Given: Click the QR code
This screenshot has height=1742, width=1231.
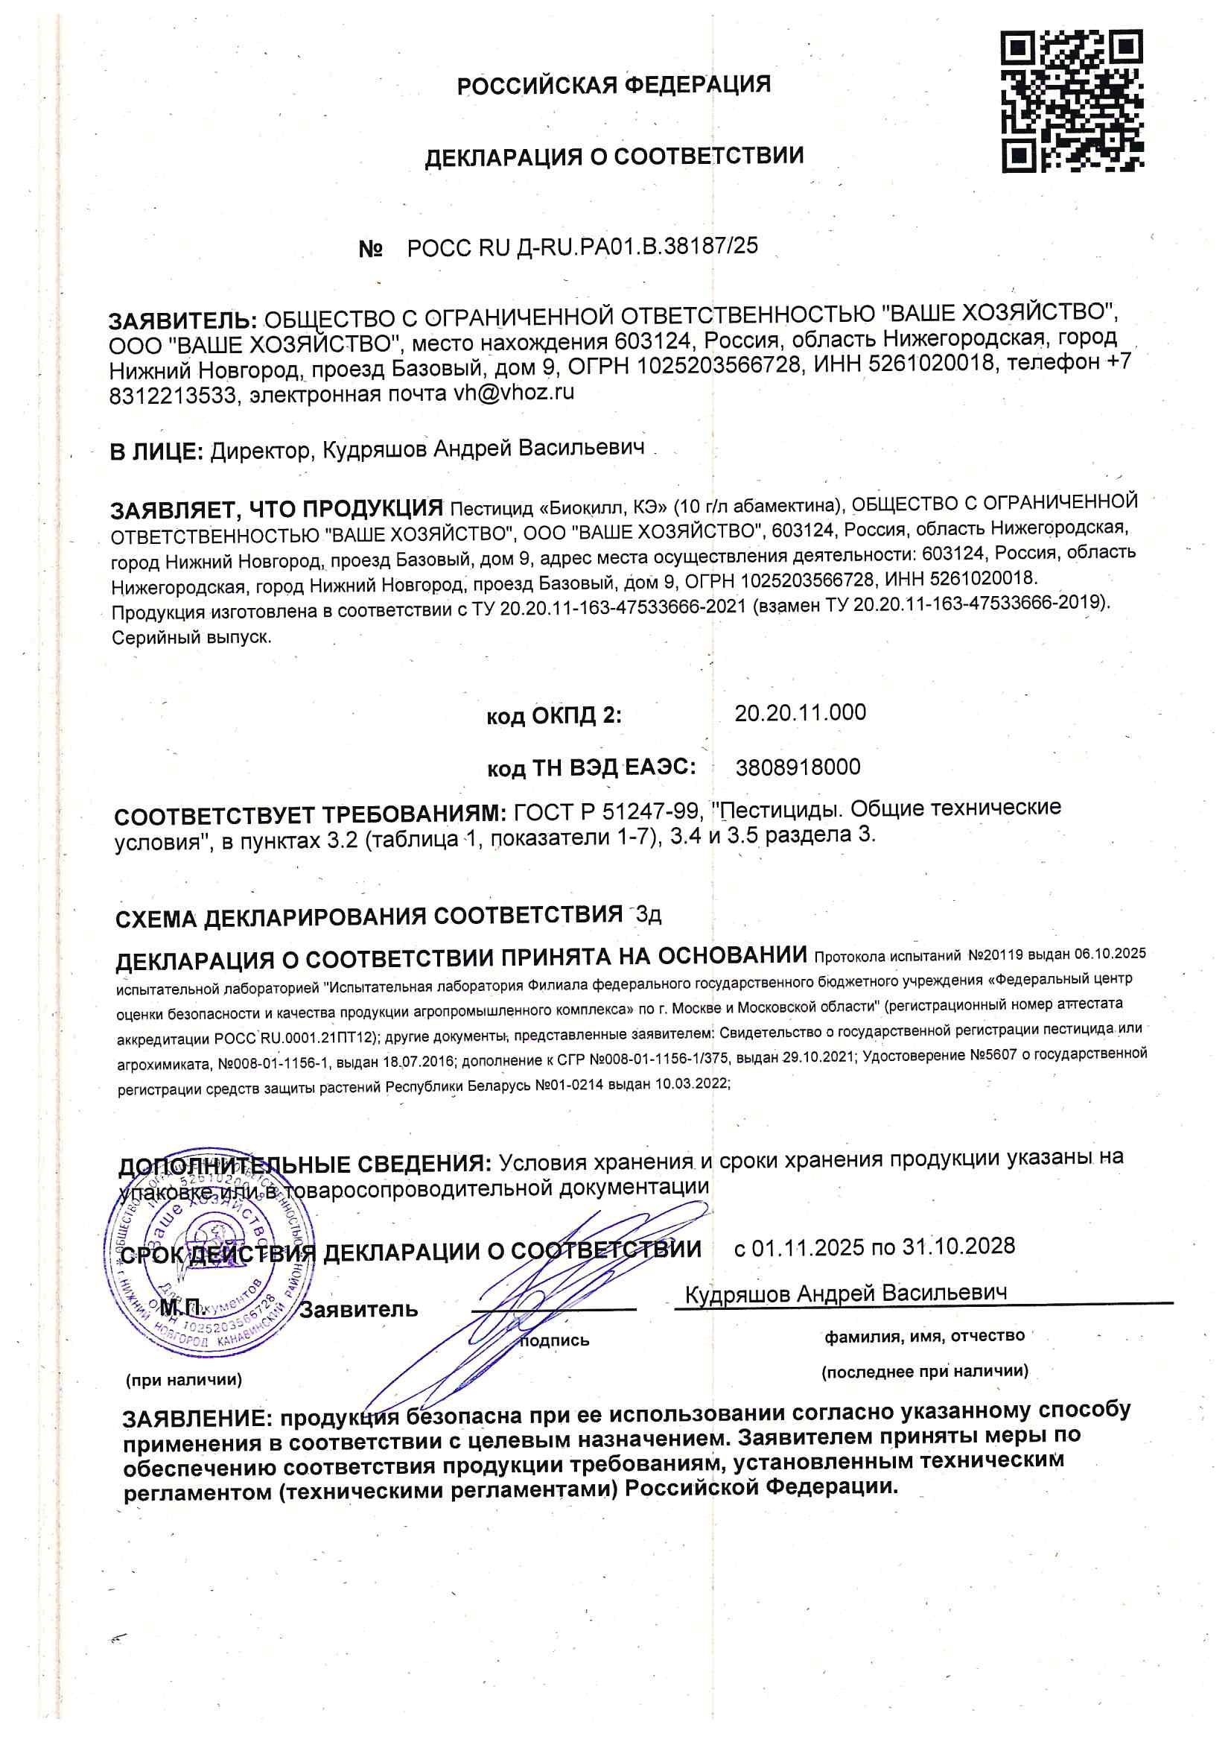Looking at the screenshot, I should click(1072, 100).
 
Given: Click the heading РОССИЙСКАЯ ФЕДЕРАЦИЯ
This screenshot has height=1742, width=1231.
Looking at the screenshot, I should click(614, 85).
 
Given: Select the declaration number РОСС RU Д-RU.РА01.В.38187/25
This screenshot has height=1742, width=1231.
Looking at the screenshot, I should click(582, 247).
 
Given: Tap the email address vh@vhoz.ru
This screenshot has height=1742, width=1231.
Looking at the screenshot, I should click(514, 393).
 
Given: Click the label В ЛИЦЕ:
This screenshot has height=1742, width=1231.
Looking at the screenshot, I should click(156, 452).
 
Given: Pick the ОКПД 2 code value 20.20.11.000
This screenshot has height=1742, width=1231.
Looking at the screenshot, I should click(801, 712).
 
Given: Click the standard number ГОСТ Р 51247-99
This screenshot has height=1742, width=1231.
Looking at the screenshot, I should click(606, 812).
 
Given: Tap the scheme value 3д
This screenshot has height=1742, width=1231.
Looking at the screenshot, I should click(649, 914).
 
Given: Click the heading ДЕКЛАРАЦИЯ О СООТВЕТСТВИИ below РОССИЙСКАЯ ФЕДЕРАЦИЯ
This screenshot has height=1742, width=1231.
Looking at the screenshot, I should click(614, 156).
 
